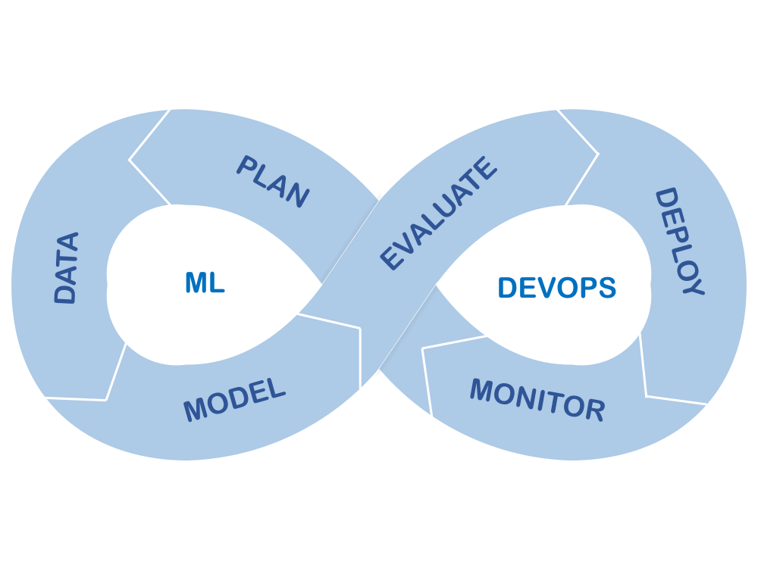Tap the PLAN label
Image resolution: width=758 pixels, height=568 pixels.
273,181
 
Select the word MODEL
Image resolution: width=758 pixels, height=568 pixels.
235,400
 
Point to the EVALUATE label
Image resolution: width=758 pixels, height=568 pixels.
439,214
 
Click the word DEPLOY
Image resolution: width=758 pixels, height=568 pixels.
679,242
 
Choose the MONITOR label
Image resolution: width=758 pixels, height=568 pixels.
537,399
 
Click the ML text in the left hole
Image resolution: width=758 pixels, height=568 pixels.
205,283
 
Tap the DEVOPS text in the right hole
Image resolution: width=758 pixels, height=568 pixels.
557,288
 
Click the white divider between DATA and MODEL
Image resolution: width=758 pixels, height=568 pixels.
114,375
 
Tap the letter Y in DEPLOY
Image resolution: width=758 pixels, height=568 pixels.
692,286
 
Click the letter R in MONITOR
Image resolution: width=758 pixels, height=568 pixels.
595,410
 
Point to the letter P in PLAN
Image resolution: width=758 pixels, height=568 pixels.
247,166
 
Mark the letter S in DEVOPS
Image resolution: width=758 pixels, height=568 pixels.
606,288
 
